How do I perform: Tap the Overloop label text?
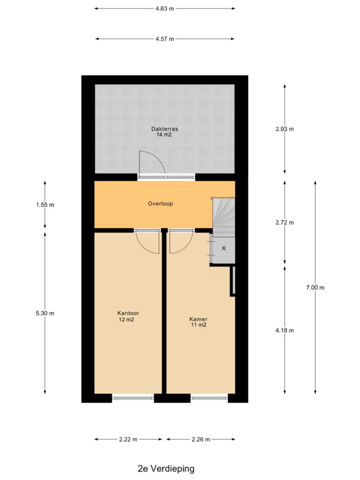click(160, 204)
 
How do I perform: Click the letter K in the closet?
click(224, 248)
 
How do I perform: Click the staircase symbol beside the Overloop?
click(224, 217)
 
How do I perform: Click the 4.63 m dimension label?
click(165, 9)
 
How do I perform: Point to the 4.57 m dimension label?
click(165, 39)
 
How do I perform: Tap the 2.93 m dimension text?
click(285, 129)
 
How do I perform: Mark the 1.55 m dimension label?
click(45, 205)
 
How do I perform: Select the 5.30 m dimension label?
click(45, 313)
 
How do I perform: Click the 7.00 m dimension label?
click(315, 287)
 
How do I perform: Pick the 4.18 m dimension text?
click(285, 330)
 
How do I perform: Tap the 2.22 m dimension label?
click(128, 439)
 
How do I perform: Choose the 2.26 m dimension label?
click(201, 439)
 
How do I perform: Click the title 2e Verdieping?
click(166, 469)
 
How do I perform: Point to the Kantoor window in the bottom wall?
click(133, 398)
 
